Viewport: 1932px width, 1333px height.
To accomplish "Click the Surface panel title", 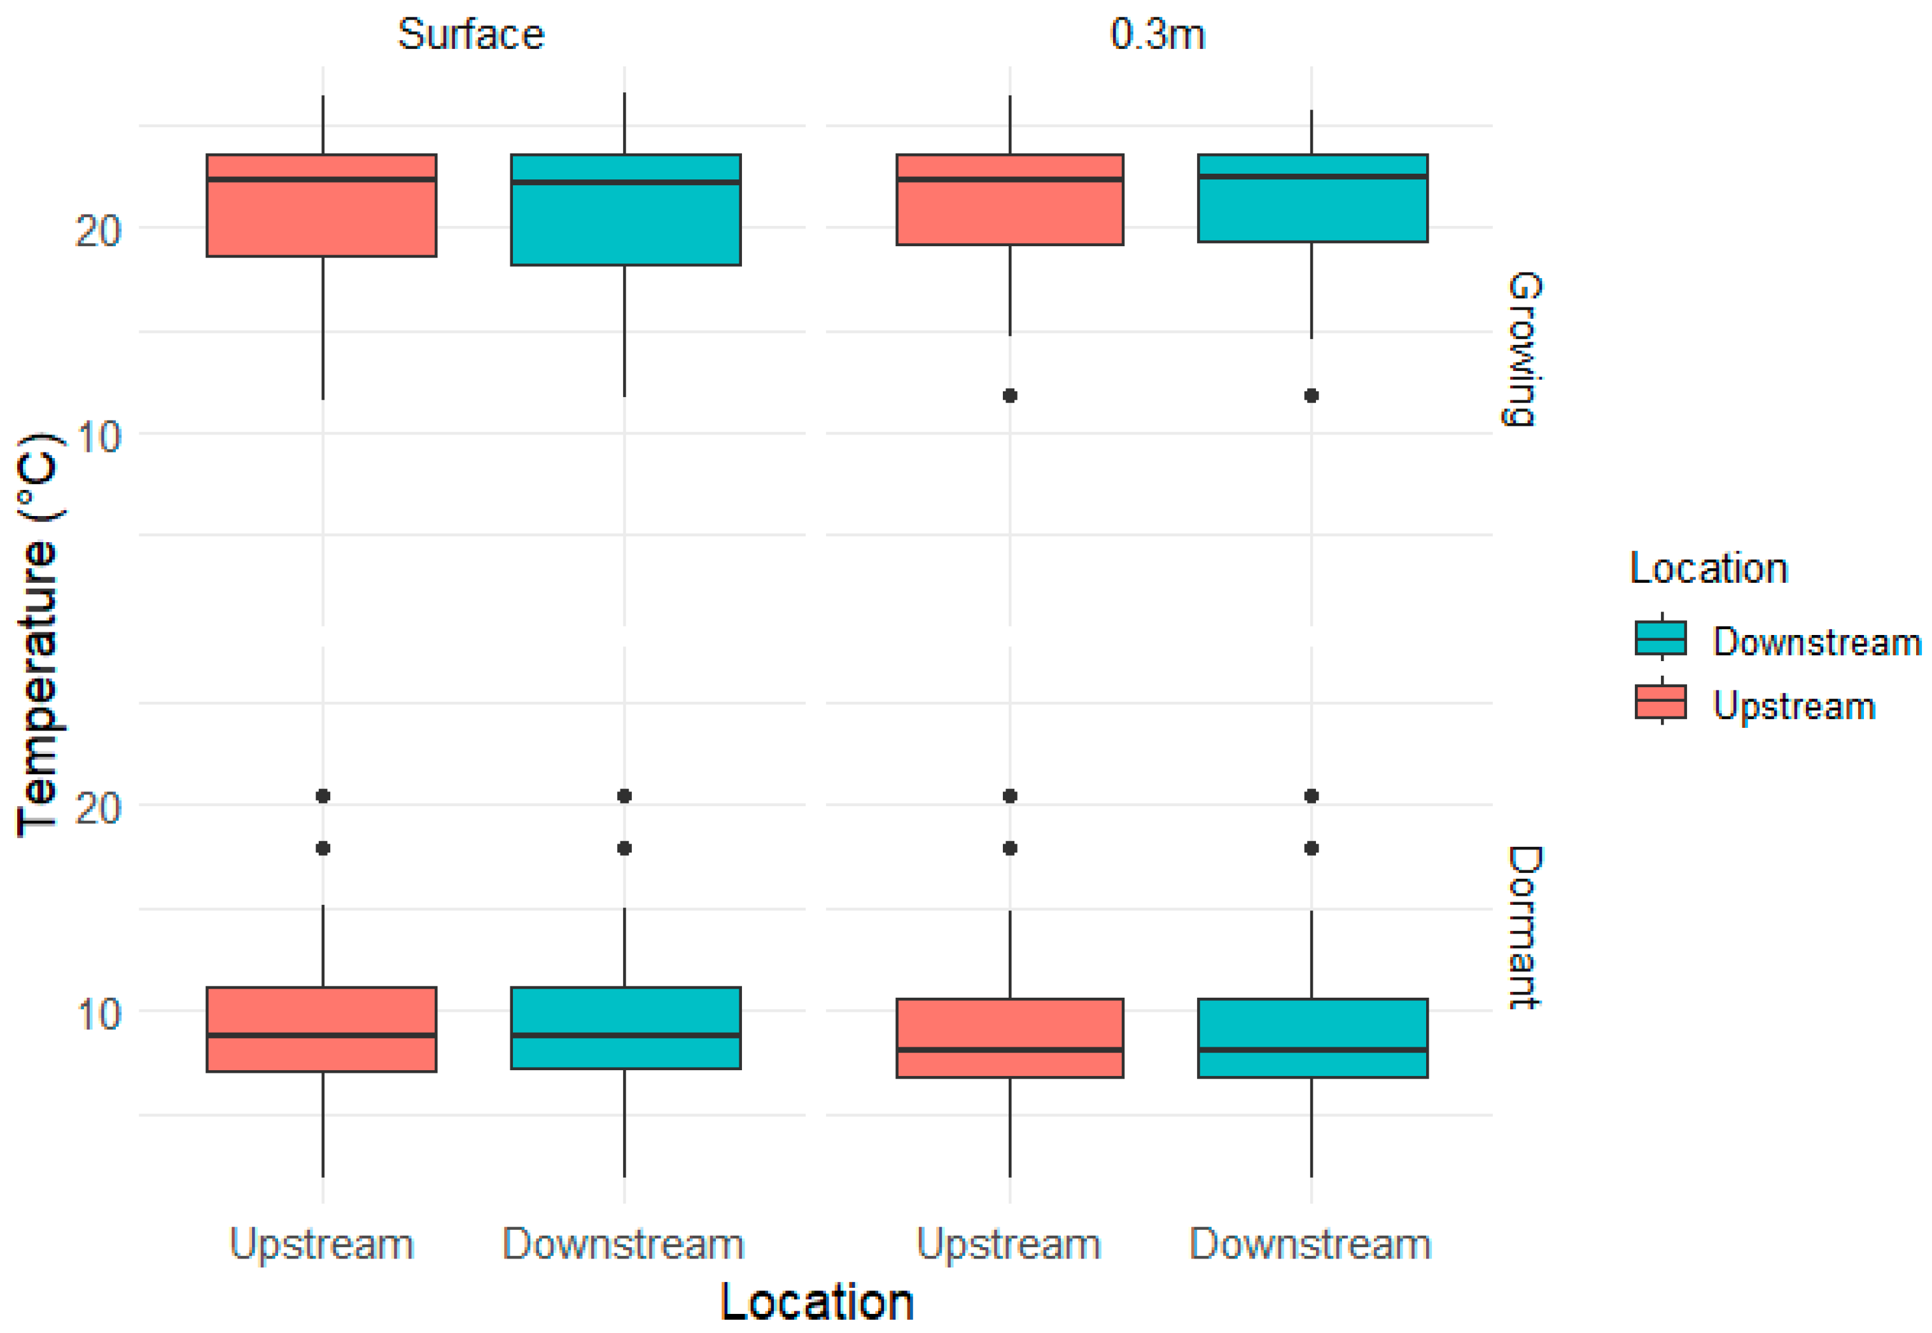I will coord(470,35).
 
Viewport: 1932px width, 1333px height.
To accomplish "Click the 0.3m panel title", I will coord(1157,35).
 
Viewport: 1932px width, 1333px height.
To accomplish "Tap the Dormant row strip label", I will coord(1523,927).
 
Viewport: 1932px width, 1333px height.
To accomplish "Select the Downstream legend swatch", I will coord(1660,638).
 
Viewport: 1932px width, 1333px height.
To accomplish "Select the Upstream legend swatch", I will coord(1660,702).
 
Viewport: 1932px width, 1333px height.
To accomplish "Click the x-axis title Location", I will coord(817,1301).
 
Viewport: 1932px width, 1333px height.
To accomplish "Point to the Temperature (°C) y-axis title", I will coord(38,635).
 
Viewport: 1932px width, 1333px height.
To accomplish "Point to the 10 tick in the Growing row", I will coord(99,436).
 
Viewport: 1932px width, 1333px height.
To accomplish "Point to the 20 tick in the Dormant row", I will coord(99,807).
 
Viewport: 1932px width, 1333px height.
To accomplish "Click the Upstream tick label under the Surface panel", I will coord(321,1244).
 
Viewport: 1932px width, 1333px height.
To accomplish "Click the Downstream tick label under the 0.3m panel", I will coord(1310,1244).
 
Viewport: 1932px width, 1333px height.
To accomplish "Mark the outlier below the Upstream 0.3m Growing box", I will coord(1010,395).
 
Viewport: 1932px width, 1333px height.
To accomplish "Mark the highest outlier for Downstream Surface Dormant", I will coord(624,796).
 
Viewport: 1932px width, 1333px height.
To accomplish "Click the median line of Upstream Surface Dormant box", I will coord(321,1035).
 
